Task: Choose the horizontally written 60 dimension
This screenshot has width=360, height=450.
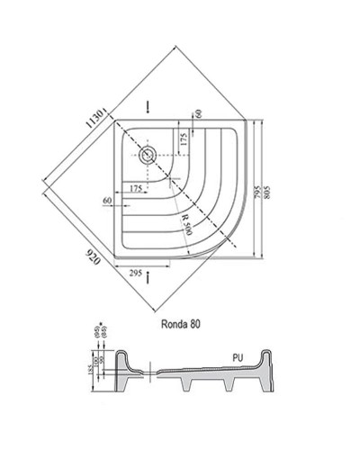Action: [x=108, y=199]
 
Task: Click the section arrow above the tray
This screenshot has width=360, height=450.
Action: [x=149, y=103]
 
